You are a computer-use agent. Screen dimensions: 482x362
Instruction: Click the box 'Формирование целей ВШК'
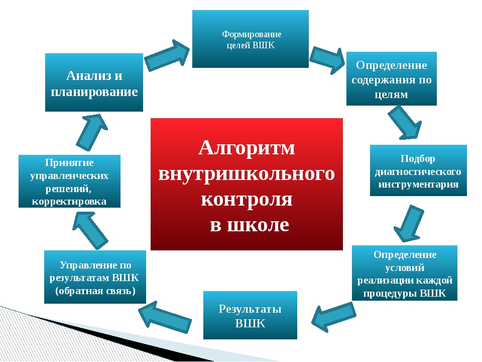coord(250,39)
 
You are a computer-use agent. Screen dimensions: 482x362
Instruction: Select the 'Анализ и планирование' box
coord(94,82)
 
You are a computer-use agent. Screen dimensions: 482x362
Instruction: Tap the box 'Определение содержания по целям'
coord(391,78)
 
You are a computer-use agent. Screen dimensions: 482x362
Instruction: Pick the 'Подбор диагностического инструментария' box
coord(418,170)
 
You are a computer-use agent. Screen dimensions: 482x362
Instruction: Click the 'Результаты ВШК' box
coord(250,315)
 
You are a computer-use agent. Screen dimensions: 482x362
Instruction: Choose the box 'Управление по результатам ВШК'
coord(95,277)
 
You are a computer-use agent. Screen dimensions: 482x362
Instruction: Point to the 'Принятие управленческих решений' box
coord(69,181)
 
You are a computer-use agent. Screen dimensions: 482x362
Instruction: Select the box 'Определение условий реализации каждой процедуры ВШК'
coord(405,273)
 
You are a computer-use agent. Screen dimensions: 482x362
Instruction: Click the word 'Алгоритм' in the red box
coord(247,148)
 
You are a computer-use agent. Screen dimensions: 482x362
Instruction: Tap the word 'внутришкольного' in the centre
coord(247,173)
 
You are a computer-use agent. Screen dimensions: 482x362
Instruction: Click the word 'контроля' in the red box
coord(247,199)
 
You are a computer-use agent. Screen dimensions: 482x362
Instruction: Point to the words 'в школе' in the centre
coord(250,225)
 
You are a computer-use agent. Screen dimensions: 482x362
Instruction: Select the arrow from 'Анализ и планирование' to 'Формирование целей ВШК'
coord(167,55)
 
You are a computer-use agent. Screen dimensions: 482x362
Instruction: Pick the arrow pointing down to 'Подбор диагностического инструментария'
coord(405,123)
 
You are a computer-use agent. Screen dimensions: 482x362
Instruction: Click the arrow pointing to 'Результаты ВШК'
coord(334,316)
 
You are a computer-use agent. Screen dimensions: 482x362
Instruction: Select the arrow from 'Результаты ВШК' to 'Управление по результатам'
coord(165,317)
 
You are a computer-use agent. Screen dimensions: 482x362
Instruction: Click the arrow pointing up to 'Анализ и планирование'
coord(91,132)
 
